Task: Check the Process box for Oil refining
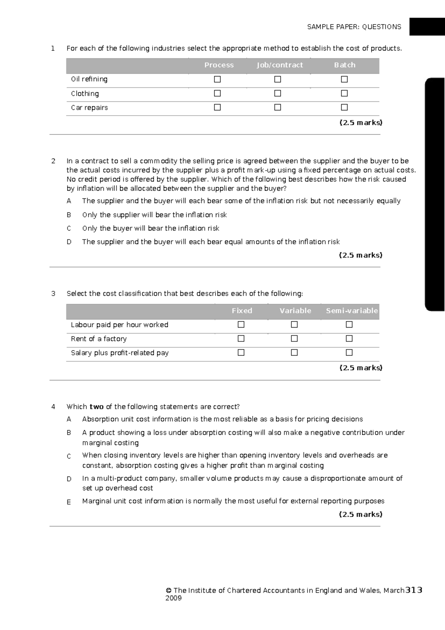tap(217, 79)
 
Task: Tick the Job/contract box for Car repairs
tap(277, 107)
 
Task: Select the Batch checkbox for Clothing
tap(344, 93)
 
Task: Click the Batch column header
tap(345, 65)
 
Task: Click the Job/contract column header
tap(280, 65)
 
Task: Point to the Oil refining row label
tap(89, 79)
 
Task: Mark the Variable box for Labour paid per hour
tap(294, 325)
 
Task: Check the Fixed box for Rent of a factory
tap(241, 338)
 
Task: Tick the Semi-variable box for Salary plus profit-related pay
tap(349, 353)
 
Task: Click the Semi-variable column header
tap(352, 311)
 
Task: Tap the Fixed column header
tap(242, 311)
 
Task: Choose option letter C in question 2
tap(69, 228)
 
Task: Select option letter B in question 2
tap(69, 215)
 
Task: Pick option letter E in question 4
tap(69, 502)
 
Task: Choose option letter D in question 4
tap(69, 479)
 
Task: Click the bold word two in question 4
tap(96, 407)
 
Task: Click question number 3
tap(53, 293)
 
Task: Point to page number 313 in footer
tap(414, 590)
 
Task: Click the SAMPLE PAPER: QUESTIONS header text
tap(354, 27)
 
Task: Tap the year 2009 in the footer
tap(174, 598)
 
